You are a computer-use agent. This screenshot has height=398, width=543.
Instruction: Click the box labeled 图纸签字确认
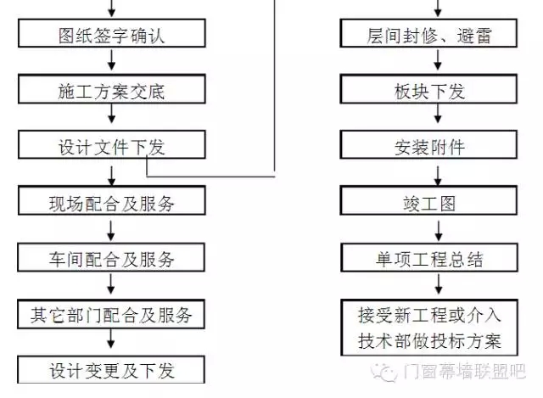coord(111,36)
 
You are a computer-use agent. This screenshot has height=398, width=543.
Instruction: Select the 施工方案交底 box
coord(111,91)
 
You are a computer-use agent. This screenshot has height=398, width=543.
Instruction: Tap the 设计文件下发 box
coord(111,146)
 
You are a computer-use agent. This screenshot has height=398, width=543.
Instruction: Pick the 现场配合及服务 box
coord(111,203)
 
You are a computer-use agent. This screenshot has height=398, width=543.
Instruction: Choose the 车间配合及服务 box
coord(111,258)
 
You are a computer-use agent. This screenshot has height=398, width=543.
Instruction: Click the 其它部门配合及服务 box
coord(111,316)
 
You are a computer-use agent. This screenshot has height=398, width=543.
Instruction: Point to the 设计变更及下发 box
coord(111,371)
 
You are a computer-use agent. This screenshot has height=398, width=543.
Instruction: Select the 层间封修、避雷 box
coord(428,36)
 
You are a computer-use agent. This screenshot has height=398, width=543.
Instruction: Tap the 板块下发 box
coord(428,91)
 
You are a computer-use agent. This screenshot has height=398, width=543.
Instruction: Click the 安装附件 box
coord(428,146)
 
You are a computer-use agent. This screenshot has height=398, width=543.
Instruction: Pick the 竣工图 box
coord(428,203)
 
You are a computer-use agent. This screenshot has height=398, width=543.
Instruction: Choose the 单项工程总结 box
coord(428,258)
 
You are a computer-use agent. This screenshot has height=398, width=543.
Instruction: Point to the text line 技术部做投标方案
coord(428,341)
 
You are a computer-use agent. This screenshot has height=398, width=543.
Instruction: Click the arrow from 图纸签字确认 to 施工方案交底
coord(111,63)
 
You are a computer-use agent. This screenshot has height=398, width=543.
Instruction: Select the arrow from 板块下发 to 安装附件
coord(438,118)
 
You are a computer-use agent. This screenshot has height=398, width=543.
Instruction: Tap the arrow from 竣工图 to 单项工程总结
coord(438,230)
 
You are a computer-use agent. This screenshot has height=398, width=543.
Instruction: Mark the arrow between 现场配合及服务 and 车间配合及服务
coord(111,230)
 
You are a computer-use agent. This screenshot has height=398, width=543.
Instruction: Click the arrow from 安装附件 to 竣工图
coord(438,175)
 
